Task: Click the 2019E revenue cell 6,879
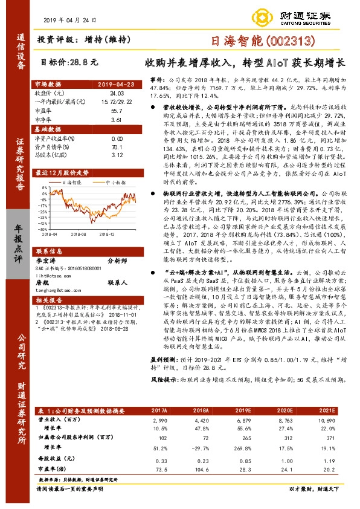[230, 418]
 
